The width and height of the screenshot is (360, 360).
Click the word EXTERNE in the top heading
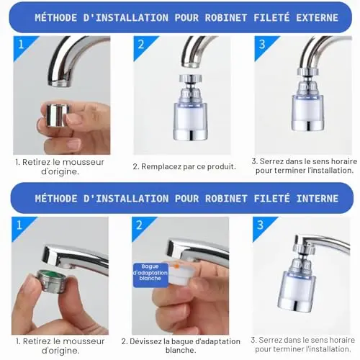coord(317,18)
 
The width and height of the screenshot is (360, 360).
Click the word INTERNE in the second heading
coord(318,199)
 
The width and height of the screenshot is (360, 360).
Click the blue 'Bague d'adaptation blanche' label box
coord(150,275)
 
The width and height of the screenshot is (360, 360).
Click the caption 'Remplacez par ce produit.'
coord(184,166)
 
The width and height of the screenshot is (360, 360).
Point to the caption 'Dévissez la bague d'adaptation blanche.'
coord(181,346)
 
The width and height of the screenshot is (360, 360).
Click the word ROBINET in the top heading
coord(226,18)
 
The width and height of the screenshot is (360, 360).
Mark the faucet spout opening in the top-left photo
coord(60,84)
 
